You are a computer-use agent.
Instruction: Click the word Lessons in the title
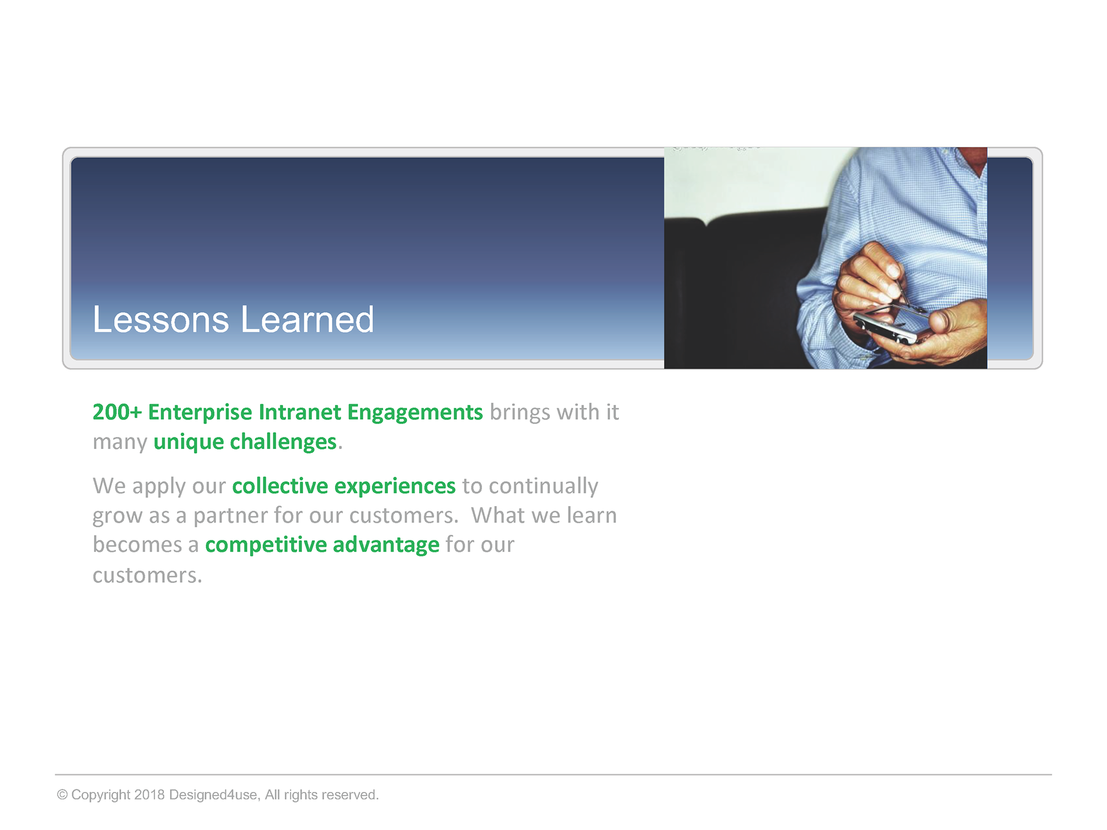click(161, 319)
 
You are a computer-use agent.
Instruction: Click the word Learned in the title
click(308, 319)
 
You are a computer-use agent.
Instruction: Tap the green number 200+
click(117, 412)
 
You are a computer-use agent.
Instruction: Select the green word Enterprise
click(200, 413)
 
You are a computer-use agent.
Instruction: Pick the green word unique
click(189, 443)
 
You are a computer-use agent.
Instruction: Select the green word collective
click(280, 486)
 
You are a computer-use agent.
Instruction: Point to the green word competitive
click(266, 545)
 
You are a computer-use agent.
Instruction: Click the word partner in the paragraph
click(230, 516)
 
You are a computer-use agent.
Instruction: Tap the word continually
click(544, 486)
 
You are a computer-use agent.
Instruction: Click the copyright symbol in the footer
click(62, 795)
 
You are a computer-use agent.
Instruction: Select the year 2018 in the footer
click(150, 795)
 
